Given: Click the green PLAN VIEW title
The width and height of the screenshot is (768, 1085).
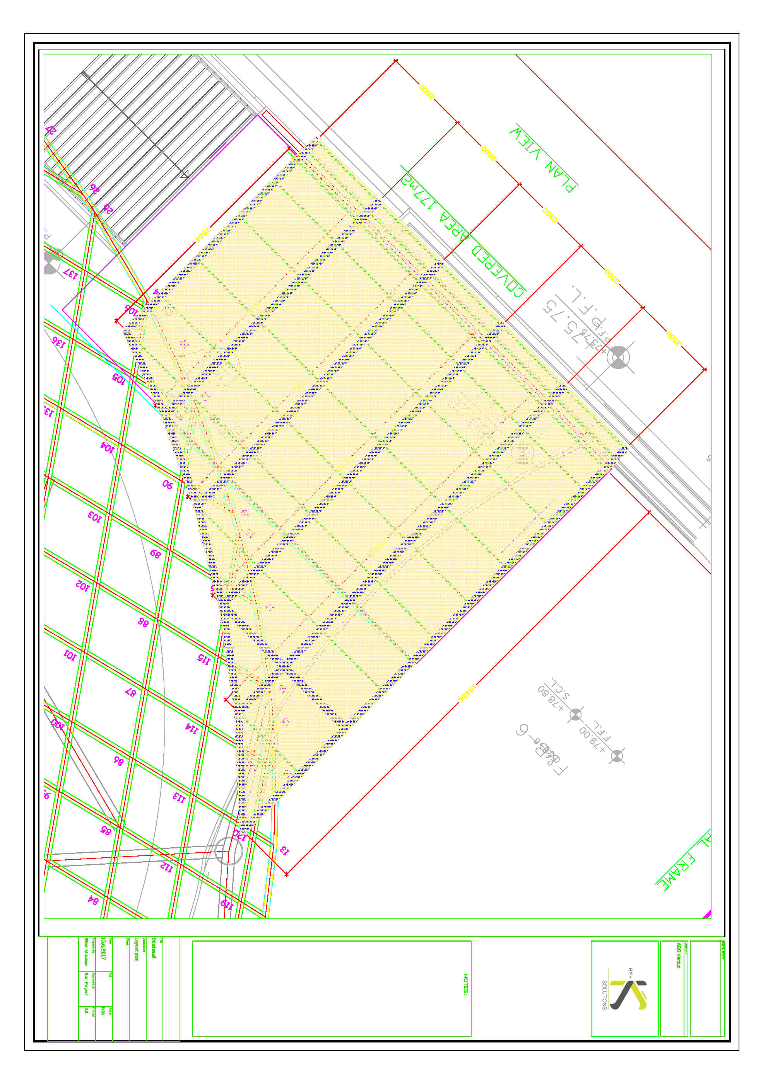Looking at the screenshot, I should (x=543, y=159).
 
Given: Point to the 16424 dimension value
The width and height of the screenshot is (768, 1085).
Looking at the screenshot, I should (x=468, y=693).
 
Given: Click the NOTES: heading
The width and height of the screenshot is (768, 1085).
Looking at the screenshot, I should (x=465, y=985).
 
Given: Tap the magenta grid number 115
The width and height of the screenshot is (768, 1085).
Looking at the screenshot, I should (x=204, y=659).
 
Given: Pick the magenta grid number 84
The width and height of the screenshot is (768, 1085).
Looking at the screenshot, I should (x=93, y=900).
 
